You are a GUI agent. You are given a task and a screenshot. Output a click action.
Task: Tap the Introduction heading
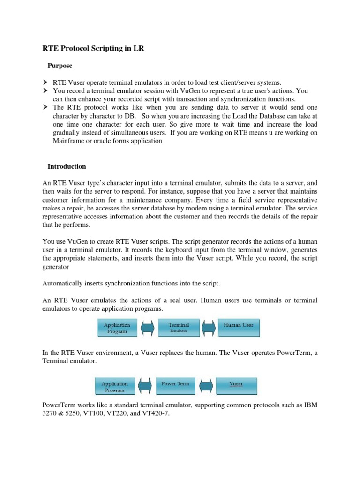(x=67, y=166)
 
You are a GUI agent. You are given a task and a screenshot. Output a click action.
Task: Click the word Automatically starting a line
(x=63, y=284)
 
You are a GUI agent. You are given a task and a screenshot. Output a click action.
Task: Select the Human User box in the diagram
(x=238, y=327)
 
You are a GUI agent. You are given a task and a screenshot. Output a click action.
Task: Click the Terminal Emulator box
(x=179, y=327)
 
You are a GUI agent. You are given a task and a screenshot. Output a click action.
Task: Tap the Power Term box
(x=175, y=386)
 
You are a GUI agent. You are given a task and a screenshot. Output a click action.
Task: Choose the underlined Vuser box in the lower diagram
(x=236, y=385)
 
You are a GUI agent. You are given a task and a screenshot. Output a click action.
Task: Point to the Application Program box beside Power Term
(x=115, y=386)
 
